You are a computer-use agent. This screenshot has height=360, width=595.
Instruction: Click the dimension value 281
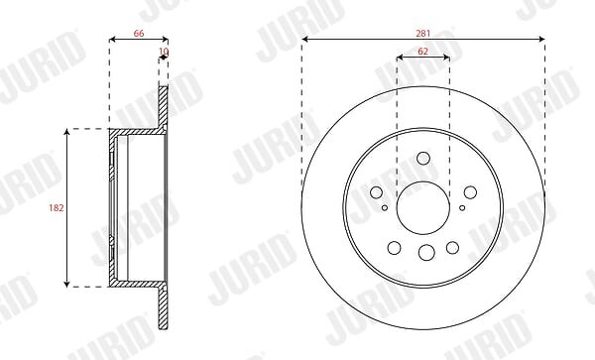pos(423,34)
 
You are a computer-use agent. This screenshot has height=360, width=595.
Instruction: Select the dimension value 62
pos(422,52)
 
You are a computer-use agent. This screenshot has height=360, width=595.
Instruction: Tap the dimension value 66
pos(139,34)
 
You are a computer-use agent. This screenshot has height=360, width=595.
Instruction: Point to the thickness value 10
pos(164,52)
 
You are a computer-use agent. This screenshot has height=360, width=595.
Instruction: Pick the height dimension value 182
pos(57,208)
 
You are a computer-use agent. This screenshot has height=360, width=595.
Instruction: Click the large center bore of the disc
pos(423,208)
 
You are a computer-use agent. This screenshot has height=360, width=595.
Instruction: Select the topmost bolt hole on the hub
pos(423,159)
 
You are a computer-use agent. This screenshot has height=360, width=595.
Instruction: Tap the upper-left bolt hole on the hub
pos(376,192)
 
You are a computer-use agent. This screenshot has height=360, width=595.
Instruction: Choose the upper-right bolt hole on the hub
pos(470,192)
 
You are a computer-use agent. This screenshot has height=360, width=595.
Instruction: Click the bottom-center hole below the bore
pos(426,252)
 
